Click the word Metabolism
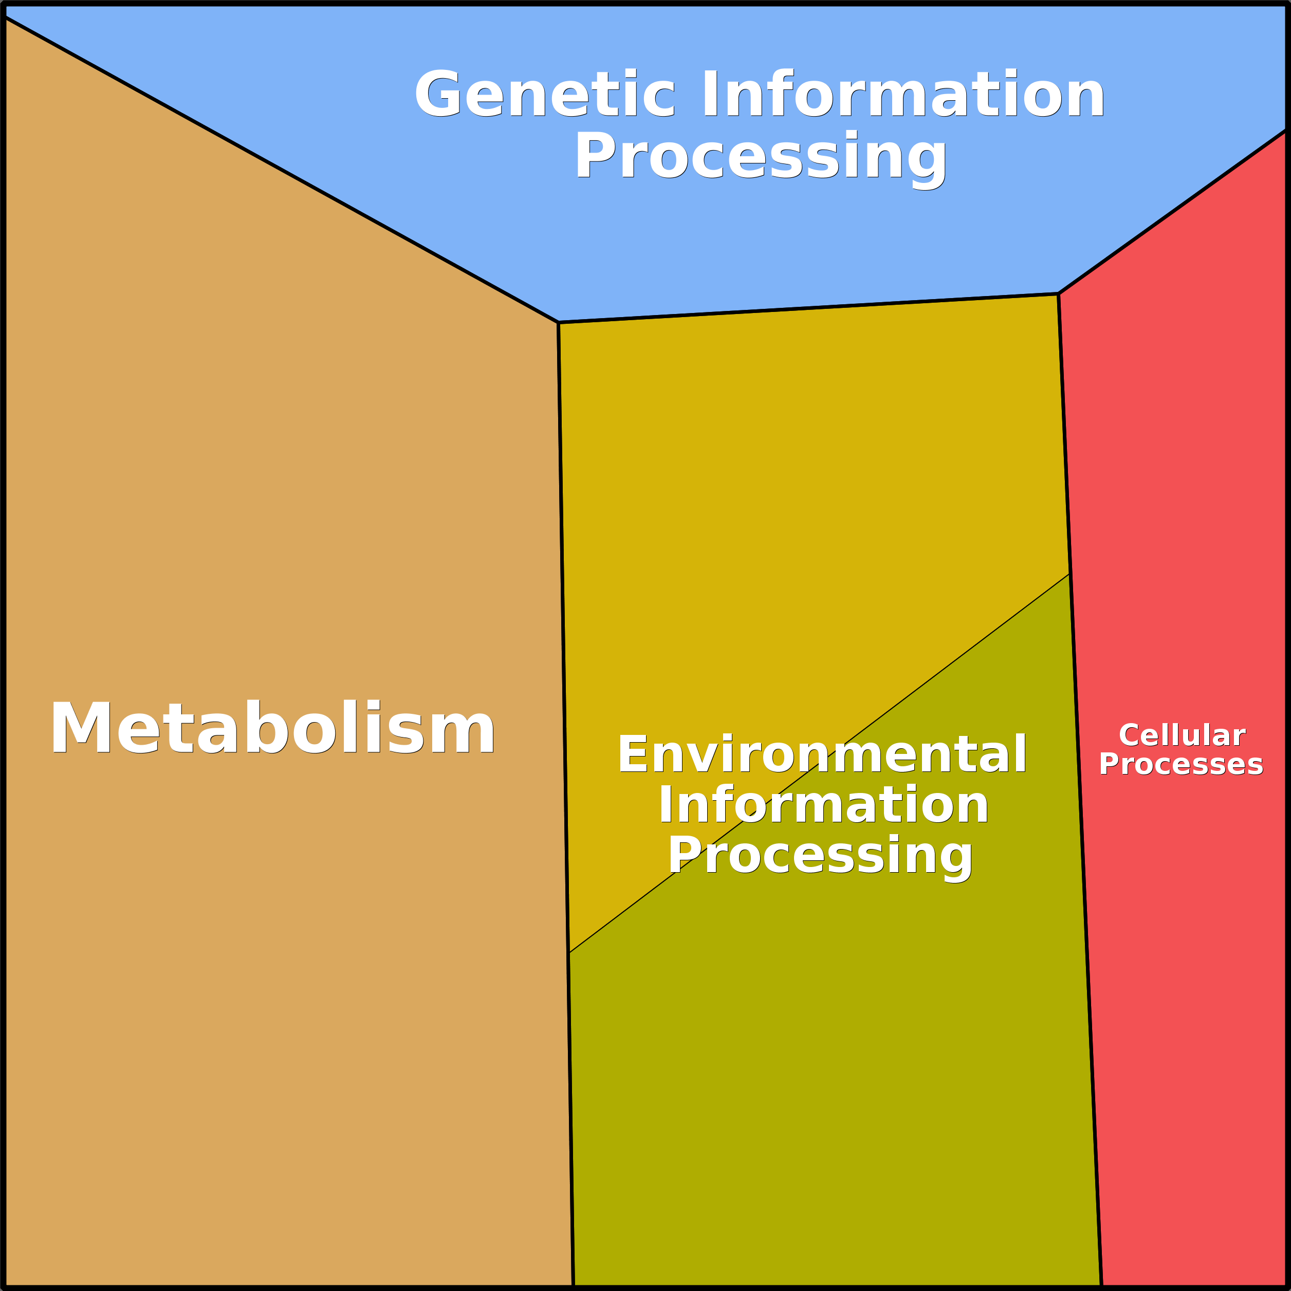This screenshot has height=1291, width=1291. [272, 728]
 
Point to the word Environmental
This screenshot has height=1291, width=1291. [822, 754]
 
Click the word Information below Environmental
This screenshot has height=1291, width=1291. [823, 805]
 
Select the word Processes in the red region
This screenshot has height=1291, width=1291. [1181, 764]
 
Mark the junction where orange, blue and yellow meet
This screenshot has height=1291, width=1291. [559, 323]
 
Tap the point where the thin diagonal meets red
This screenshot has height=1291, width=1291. [1069, 574]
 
